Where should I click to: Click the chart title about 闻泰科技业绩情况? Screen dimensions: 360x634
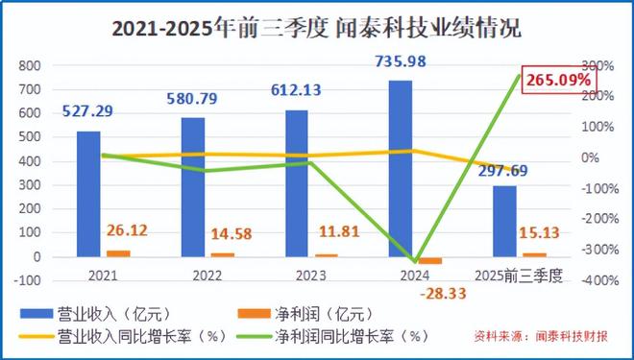317,28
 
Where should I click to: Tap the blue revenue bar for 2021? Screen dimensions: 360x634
89,193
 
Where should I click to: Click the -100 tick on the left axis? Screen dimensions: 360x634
28,280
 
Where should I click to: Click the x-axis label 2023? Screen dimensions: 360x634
297,275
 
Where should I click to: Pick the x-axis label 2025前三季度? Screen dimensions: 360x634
520,275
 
